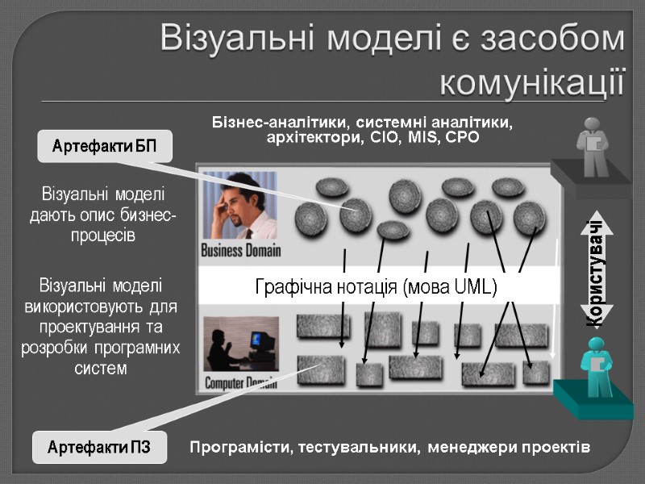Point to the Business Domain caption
pos(240,250)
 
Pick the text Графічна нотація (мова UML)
pos(376,286)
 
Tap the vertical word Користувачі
pos(596,272)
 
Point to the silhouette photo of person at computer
pos(239,343)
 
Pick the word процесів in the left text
pos(102,236)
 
